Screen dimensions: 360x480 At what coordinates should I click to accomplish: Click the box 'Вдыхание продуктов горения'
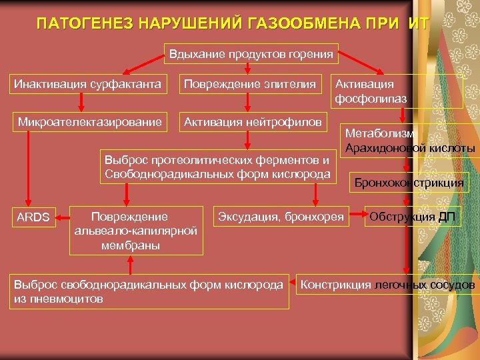[x=251, y=53]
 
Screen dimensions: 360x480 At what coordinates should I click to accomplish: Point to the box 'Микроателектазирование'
[x=89, y=122]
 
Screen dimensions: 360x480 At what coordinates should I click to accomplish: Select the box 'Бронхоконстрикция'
[x=409, y=181]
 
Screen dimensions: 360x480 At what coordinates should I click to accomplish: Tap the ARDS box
[x=33, y=217]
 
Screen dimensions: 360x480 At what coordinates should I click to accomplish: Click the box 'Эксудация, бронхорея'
[x=281, y=217]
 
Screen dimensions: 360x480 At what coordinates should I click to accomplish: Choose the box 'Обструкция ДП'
[x=412, y=217]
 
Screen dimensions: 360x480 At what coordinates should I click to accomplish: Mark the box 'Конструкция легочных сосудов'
[x=389, y=285]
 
